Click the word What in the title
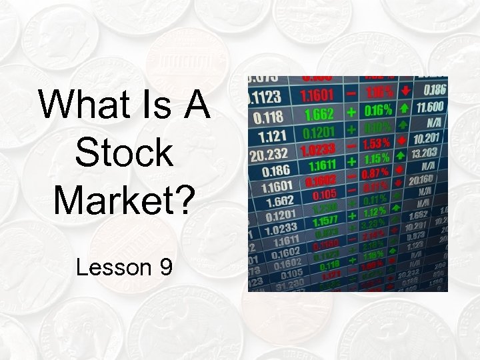73,105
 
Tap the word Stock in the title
124,153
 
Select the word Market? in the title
124,199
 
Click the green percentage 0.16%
378,109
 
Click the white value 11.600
429,106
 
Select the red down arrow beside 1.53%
401,141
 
